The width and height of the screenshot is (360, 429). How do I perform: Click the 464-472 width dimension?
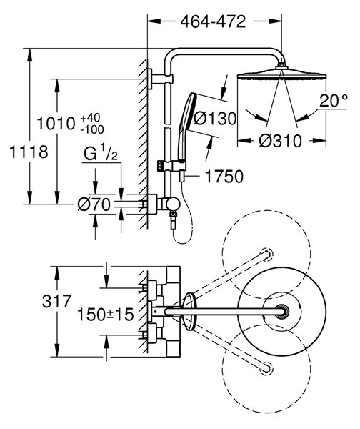213,21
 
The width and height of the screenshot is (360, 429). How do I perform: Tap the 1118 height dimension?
29,152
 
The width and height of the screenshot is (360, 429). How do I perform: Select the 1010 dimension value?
56,124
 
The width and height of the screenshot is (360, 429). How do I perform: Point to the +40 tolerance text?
91,118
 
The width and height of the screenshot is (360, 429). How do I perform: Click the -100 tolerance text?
92,129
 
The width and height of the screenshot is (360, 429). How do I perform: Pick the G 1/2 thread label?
101,153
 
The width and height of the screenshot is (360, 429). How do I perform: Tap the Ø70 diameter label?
94,204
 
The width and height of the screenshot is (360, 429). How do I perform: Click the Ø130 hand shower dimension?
215,119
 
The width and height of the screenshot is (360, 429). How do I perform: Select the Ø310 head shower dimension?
280,141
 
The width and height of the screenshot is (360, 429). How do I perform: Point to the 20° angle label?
333,101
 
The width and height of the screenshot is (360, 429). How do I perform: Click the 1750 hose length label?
224,177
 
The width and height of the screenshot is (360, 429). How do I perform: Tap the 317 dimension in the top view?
56,301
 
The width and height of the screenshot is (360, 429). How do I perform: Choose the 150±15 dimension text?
106,315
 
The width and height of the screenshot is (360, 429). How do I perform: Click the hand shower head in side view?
186,112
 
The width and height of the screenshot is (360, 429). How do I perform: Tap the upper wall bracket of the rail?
160,79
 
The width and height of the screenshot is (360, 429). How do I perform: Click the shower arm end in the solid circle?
281,311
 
